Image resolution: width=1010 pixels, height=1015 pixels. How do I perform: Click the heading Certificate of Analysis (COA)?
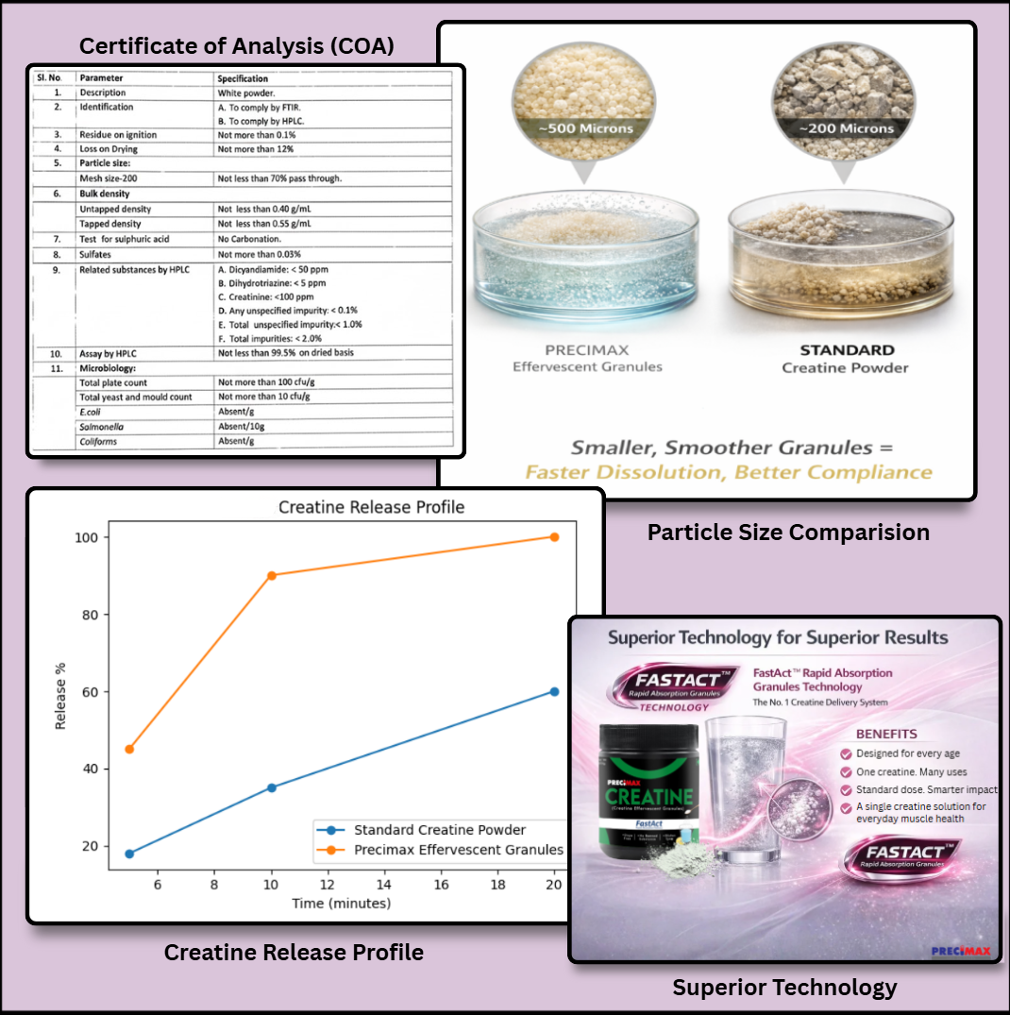point(236,45)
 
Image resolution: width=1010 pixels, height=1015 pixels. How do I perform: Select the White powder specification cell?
point(245,93)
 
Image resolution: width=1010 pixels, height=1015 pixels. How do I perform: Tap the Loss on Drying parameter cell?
point(109,149)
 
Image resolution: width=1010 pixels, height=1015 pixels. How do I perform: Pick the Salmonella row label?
point(101,427)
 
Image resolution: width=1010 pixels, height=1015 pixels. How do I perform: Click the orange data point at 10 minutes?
point(272,575)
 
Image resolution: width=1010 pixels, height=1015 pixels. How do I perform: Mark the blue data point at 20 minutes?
point(554,691)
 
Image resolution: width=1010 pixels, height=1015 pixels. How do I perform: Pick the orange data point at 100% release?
point(554,536)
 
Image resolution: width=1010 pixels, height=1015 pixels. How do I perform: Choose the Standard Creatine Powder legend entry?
point(439,830)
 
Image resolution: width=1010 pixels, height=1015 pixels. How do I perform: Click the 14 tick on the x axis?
point(384,885)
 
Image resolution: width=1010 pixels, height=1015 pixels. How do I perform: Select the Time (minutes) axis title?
point(342,904)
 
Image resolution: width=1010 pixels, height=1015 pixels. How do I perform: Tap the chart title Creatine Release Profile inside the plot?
point(371,507)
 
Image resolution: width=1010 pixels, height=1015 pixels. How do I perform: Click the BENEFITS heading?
point(886,734)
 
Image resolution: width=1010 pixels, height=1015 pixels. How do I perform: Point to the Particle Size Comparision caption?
point(788,533)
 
